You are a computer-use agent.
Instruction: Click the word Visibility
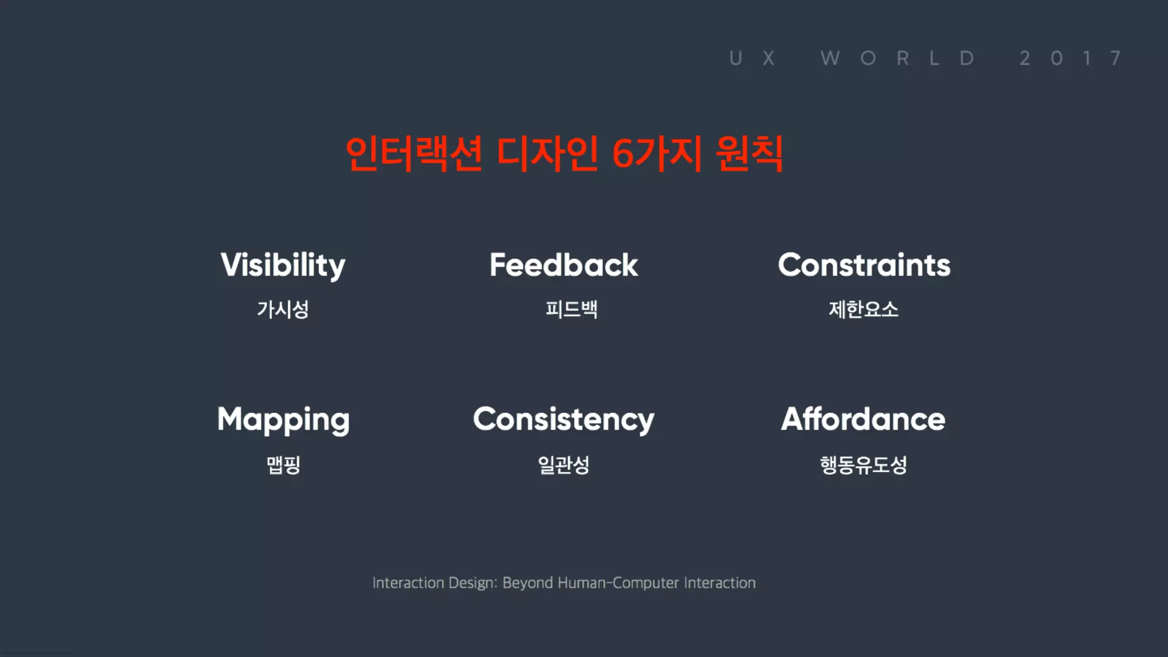283,266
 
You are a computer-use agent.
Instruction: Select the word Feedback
563,265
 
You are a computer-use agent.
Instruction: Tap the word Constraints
864,265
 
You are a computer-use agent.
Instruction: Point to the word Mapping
283,420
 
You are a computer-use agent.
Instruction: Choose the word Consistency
563,420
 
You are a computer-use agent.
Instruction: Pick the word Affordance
863,419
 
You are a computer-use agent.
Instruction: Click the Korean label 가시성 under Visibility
283,310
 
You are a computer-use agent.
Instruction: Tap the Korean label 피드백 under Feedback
571,310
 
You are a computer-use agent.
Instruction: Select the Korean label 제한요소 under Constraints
863,310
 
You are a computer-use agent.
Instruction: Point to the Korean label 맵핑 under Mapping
283,465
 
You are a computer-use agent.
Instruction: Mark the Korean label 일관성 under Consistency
563,465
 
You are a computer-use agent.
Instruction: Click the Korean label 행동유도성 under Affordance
863,465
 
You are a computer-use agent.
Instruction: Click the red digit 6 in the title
622,154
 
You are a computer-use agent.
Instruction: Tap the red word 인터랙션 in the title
414,154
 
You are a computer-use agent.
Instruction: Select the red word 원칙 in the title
749,154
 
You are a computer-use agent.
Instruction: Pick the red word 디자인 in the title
547,154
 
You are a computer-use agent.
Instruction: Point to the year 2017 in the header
1071,58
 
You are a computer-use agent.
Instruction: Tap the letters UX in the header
752,58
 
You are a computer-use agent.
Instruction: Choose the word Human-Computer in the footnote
618,583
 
